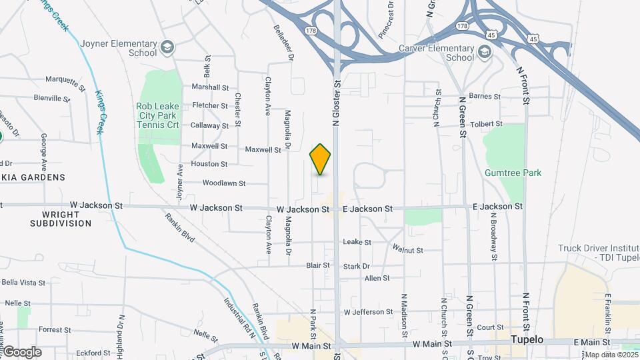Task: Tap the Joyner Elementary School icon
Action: click(167, 48)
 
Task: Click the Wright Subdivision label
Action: click(61, 219)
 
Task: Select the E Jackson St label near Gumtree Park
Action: click(498, 207)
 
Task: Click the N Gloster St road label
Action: click(337, 103)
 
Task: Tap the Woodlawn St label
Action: click(224, 183)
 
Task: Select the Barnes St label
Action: click(485, 97)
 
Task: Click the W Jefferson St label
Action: click(368, 311)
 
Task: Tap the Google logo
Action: click(21, 352)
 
